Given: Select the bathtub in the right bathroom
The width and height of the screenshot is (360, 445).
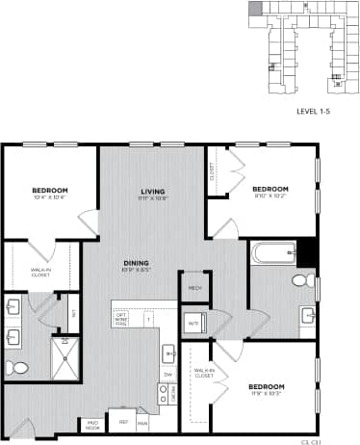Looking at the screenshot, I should tap(272, 255).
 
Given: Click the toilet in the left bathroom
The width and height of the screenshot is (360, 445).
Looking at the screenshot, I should tap(18, 368).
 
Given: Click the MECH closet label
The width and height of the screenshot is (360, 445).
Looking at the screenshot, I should tap(193, 288).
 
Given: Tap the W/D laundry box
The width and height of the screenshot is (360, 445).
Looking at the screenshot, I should tap(193, 322).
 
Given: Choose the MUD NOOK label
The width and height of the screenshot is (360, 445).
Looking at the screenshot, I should tap(94, 423).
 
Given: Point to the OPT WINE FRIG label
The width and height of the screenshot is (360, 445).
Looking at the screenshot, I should tap(122, 318).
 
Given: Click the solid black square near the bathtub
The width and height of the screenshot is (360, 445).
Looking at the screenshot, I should tap(306, 252).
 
